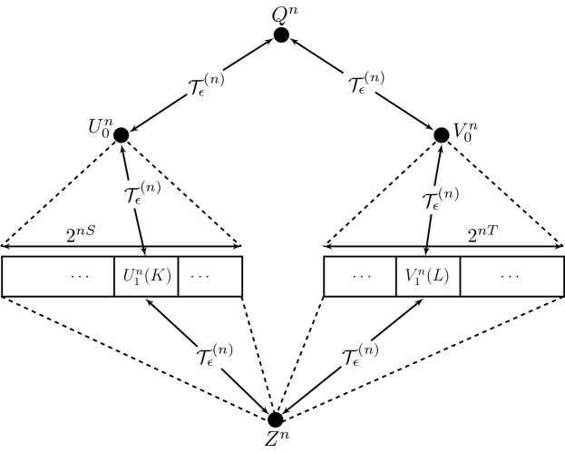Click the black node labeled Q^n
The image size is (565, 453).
[x=281, y=35]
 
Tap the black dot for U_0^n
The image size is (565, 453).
[x=121, y=135]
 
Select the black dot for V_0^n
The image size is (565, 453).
[x=442, y=135]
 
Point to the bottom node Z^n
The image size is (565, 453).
[x=276, y=419]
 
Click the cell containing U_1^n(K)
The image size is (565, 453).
[x=145, y=277]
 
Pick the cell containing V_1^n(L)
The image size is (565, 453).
[x=428, y=277]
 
